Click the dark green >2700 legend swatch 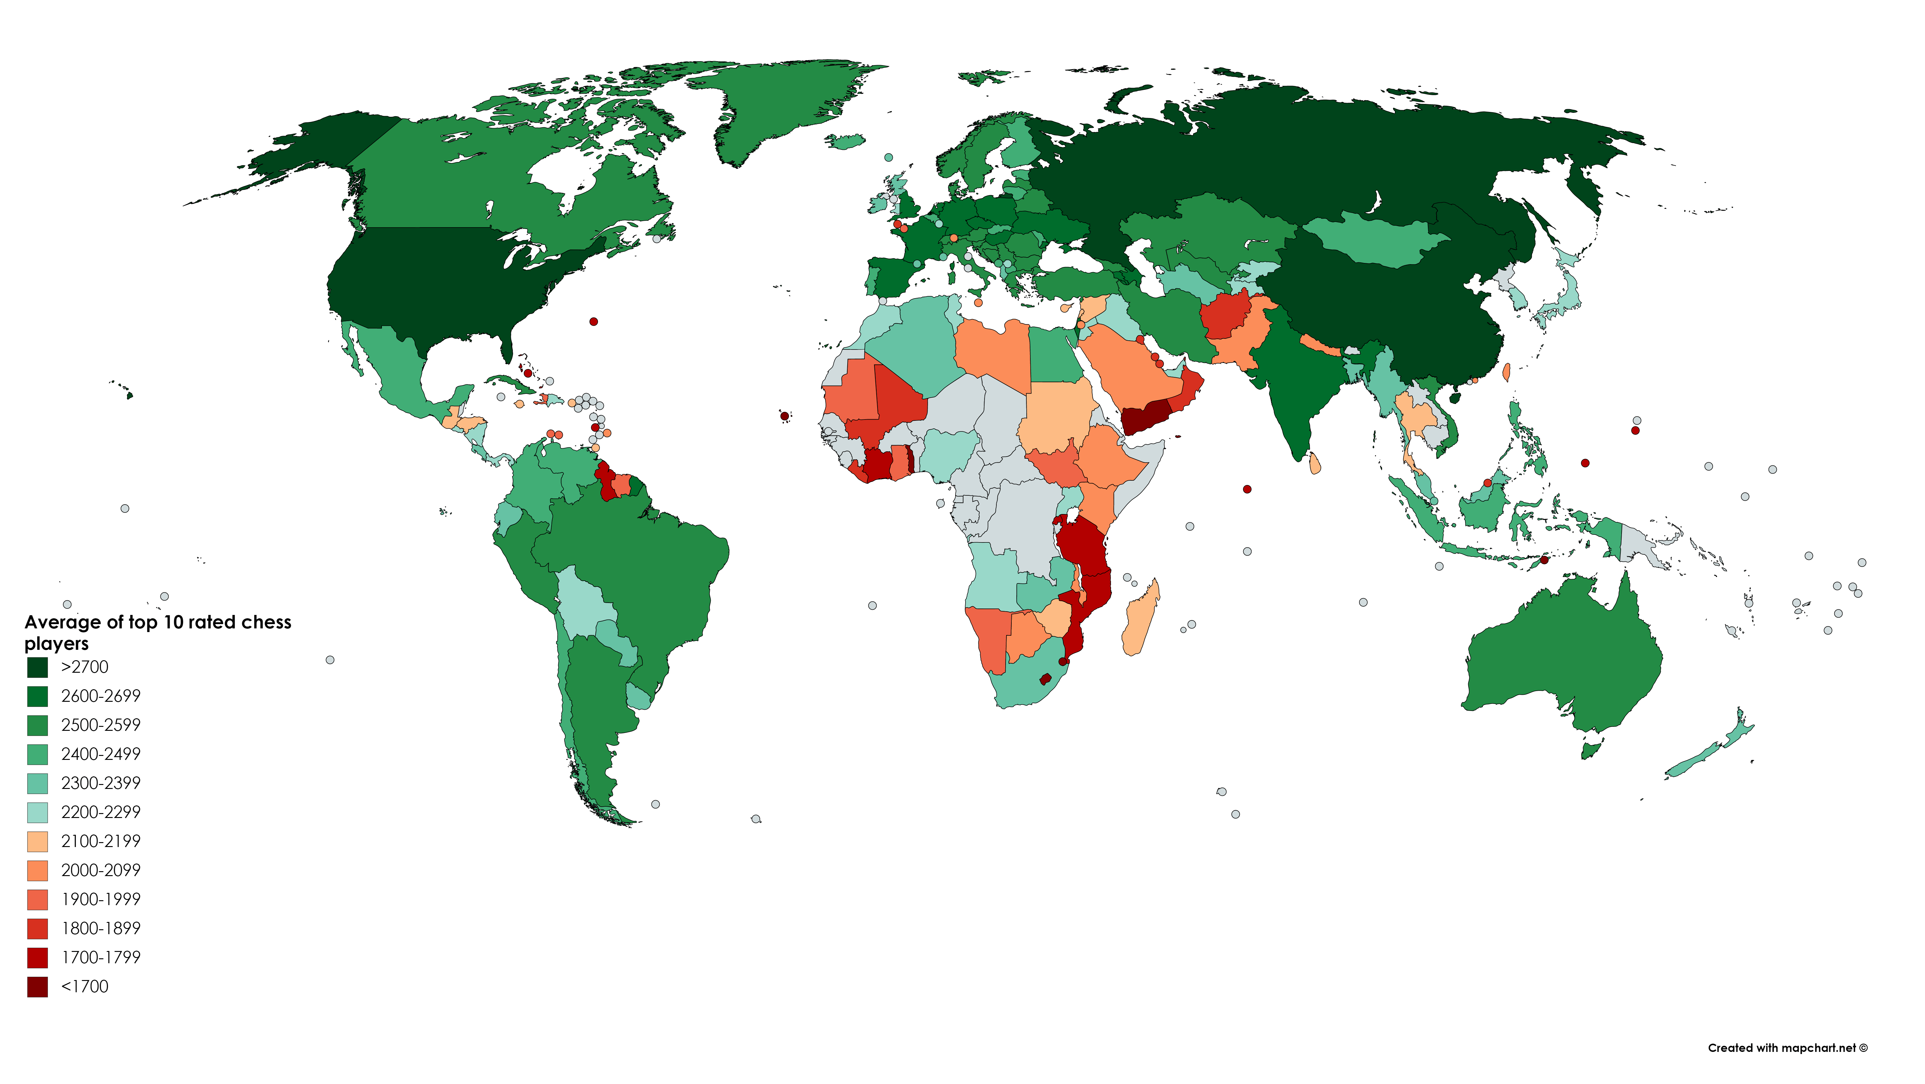(x=37, y=667)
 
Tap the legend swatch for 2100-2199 (x=37, y=841)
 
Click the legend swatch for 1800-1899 (x=37, y=928)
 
